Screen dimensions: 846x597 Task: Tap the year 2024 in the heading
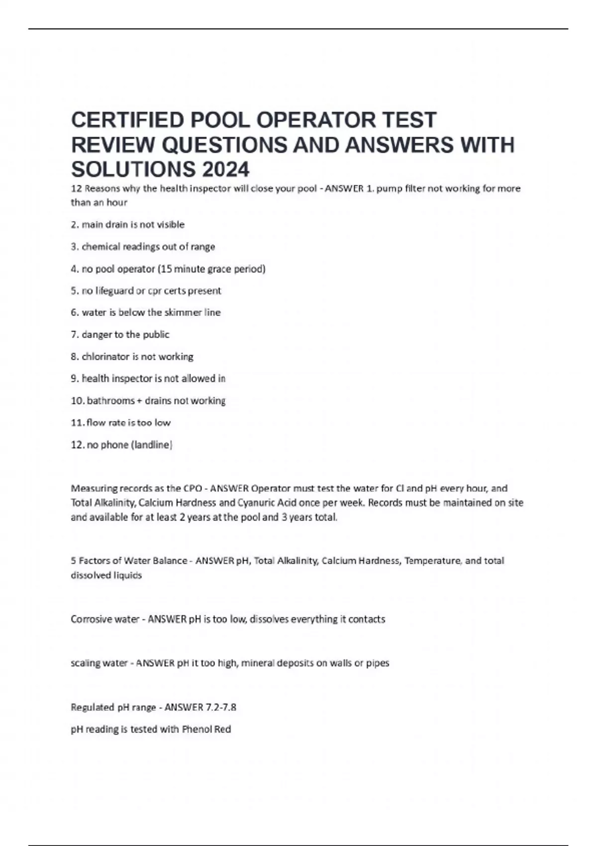(225, 169)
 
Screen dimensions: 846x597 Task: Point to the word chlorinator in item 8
(105, 356)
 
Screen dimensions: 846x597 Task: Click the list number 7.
(75, 334)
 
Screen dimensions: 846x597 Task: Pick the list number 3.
(75, 247)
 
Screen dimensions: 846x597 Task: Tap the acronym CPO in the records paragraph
(192, 488)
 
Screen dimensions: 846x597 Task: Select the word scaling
(85, 663)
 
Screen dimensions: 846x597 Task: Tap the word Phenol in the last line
(197, 730)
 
